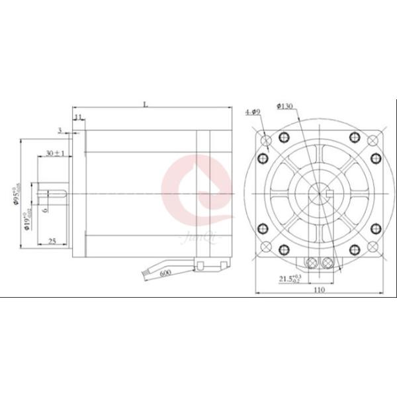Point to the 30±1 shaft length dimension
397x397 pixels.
[x=54, y=153]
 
